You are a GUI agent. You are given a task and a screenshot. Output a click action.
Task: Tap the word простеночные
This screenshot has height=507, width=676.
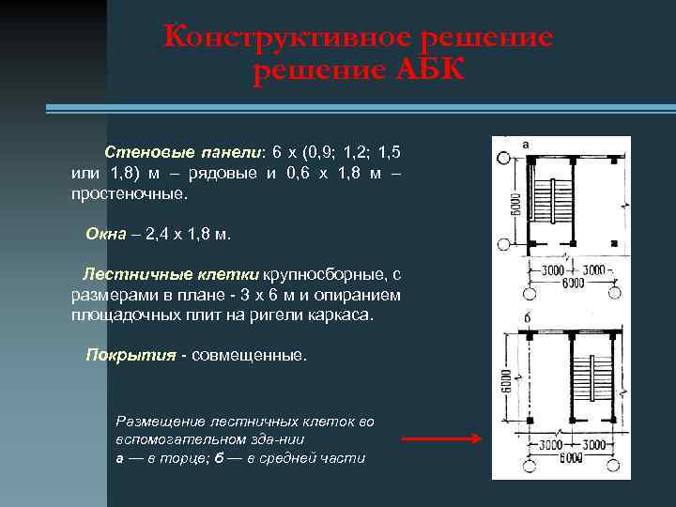(130, 195)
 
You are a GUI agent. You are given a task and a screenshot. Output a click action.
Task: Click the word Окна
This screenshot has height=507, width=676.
(105, 234)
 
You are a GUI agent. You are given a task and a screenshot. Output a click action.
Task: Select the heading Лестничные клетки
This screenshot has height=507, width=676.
(171, 275)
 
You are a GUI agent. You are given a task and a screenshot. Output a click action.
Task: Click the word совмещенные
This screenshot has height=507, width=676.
(249, 356)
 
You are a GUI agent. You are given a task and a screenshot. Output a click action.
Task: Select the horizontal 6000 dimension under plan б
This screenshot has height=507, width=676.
(572, 459)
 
